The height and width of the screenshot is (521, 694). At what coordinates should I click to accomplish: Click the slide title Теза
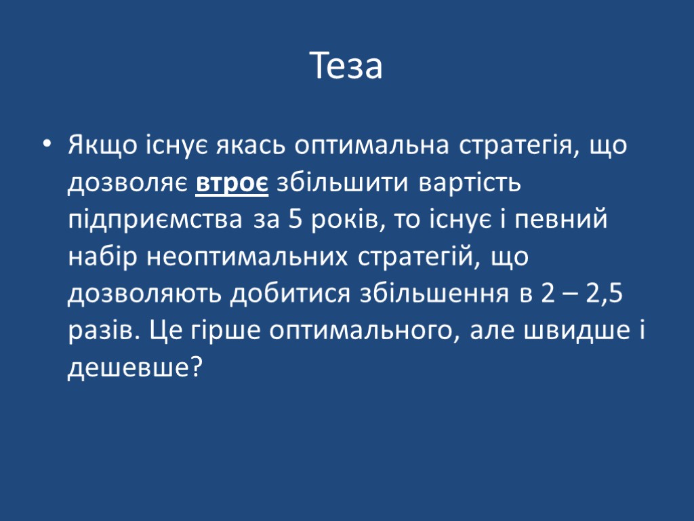coord(347,66)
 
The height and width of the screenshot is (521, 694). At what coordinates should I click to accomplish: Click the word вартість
coord(470,183)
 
